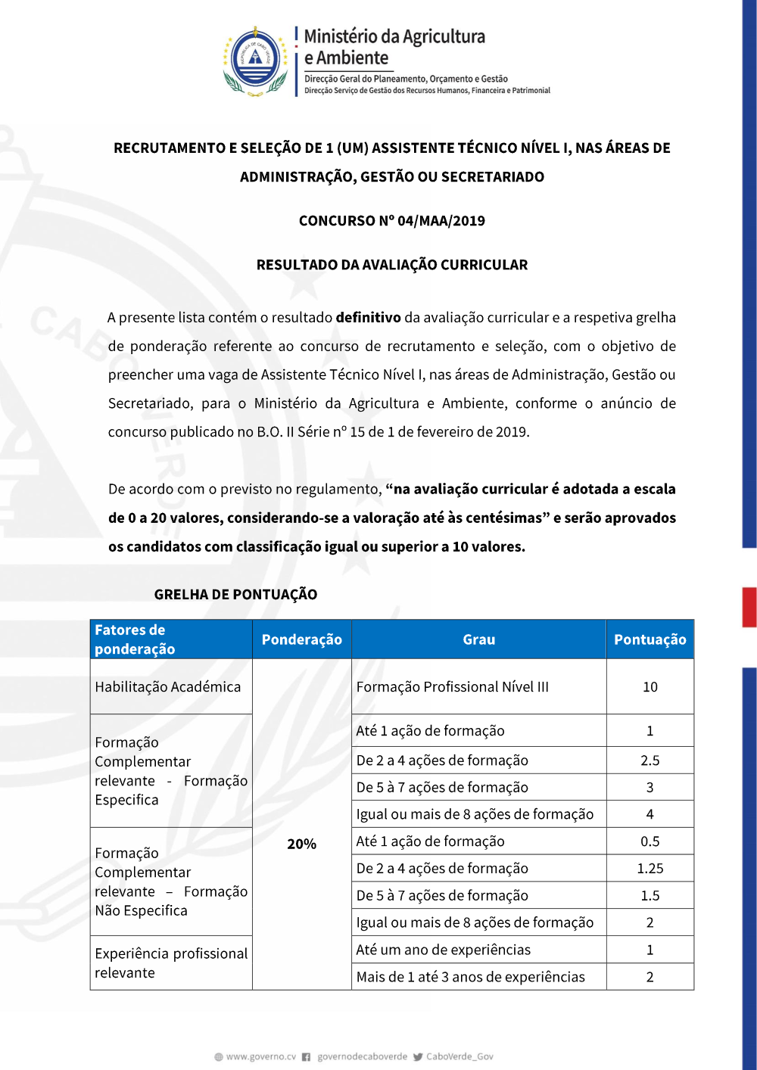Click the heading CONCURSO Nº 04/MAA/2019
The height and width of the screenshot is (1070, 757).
[391, 221]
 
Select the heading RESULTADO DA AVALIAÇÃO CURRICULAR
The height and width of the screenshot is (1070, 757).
[391, 265]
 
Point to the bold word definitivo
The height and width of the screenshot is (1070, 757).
[368, 318]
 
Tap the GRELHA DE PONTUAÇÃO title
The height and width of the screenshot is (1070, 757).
[235, 595]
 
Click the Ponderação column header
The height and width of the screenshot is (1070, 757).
[301, 639]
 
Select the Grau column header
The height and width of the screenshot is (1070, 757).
[478, 639]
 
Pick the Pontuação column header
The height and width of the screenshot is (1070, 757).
[650, 639]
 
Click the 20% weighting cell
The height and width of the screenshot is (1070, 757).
[301, 844]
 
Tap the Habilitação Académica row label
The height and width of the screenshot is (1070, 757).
[168, 687]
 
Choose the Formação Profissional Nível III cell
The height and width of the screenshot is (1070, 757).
[453, 687]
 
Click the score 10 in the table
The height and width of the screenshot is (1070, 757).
[650, 687]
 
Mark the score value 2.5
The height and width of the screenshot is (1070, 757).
[650, 761]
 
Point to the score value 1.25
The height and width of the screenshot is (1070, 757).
[650, 869]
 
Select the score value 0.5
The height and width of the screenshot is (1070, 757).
[650, 841]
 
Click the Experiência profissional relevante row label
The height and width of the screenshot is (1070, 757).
[171, 963]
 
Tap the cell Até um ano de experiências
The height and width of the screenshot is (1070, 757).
[444, 950]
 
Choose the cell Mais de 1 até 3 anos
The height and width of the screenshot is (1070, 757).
[470, 977]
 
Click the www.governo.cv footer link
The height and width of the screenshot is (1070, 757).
[260, 1056]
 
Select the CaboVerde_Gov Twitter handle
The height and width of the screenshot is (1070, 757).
[459, 1056]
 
